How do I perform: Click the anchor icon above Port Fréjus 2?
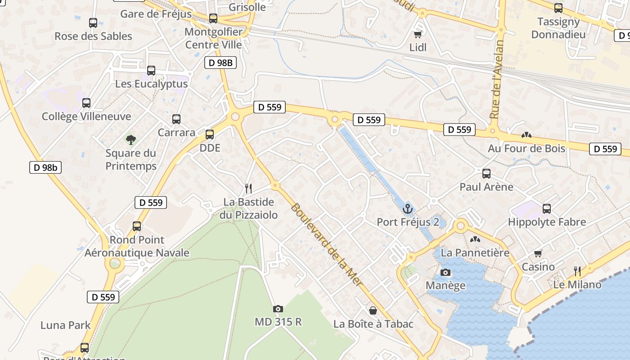[408, 209]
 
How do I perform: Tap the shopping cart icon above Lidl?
[418, 34]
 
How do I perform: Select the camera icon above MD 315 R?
[278, 309]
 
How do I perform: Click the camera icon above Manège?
[445, 272]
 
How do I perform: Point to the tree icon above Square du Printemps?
[131, 140]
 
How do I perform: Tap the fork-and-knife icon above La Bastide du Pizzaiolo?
[248, 188]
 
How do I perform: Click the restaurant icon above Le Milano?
[578, 271]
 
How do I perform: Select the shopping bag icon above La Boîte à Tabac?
[373, 310]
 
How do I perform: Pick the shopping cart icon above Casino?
[538, 253]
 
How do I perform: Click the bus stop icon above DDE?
[210, 134]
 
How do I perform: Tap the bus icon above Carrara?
[176, 119]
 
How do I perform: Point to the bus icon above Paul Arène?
[486, 174]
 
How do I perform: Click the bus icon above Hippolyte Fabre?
[547, 209]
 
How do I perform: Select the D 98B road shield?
[220, 63]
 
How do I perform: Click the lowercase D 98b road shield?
[45, 168]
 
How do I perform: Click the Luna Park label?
[66, 325]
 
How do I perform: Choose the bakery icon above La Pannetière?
[475, 239]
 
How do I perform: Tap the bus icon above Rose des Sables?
[93, 23]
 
